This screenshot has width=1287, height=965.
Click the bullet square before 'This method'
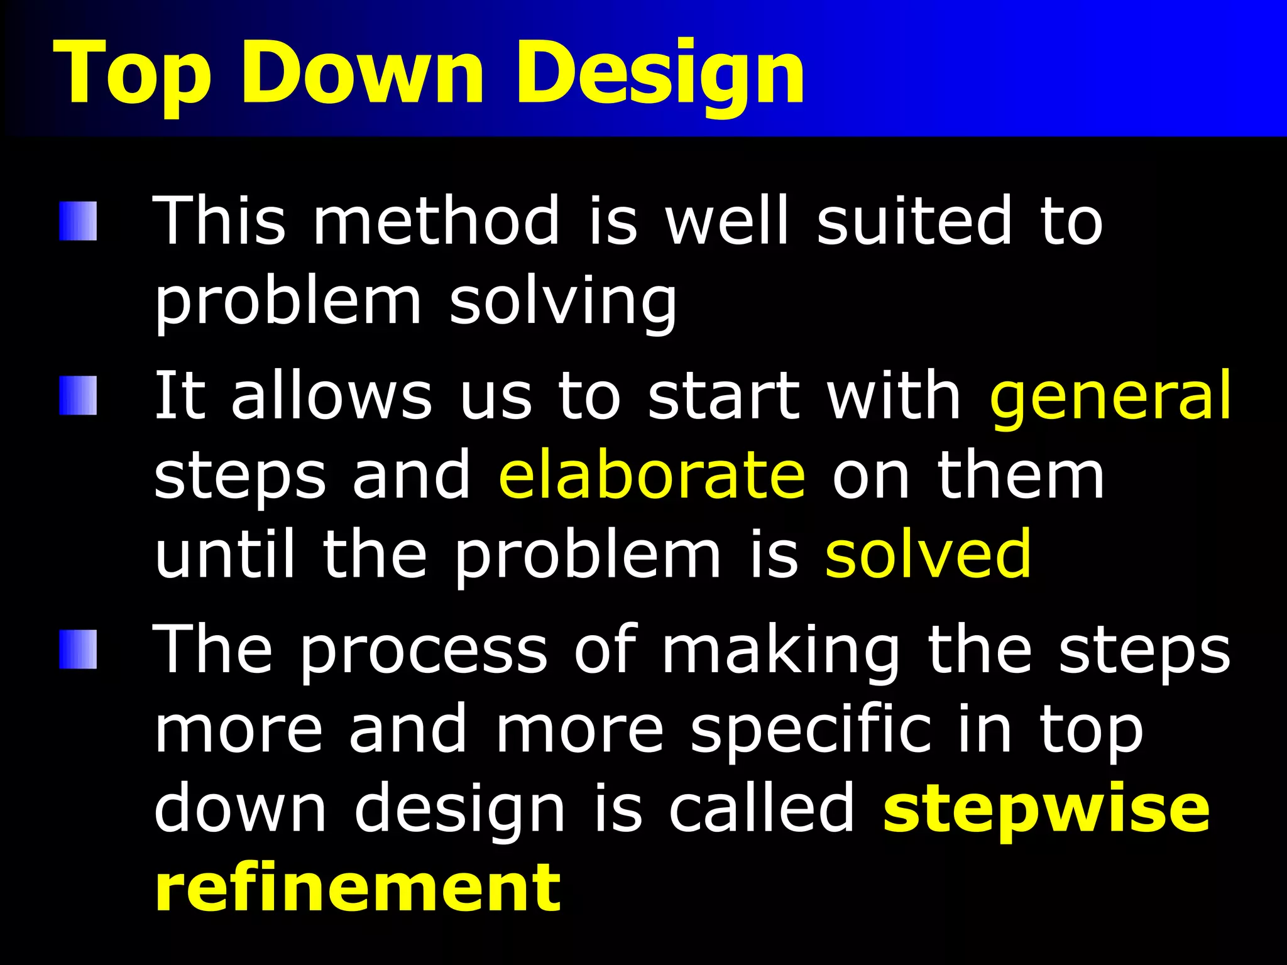point(79,221)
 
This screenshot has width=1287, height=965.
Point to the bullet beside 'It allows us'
point(79,396)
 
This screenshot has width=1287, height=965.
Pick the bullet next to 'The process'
point(79,650)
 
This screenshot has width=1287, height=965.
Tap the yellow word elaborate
point(651,476)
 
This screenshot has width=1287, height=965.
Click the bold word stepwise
point(1046,810)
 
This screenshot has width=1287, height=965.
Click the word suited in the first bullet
point(914,221)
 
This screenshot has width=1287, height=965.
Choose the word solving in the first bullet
point(563,303)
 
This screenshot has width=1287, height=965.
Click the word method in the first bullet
point(436,221)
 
